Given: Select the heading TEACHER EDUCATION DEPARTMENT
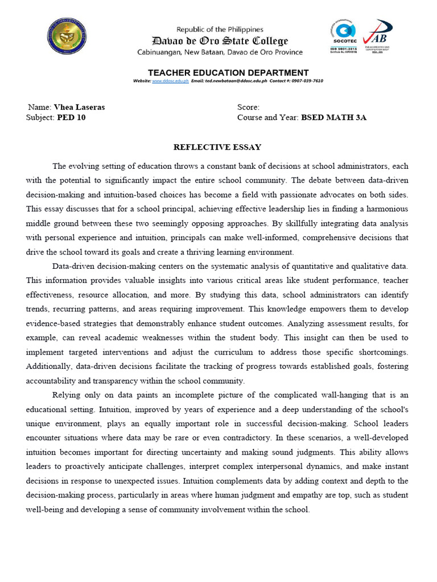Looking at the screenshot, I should click(x=220, y=73).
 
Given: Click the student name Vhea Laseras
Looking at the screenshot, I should click(x=79, y=107).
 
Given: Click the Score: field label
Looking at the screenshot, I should click(x=249, y=107).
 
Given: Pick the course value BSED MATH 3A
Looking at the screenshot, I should click(x=334, y=118).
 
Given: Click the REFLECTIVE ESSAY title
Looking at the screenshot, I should click(x=217, y=147).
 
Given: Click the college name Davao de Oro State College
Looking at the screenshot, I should click(x=220, y=41).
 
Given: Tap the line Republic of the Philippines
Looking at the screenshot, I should click(x=220, y=30).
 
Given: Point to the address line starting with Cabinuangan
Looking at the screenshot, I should click(x=220, y=52).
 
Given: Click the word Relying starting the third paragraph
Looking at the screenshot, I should click(x=67, y=394).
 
